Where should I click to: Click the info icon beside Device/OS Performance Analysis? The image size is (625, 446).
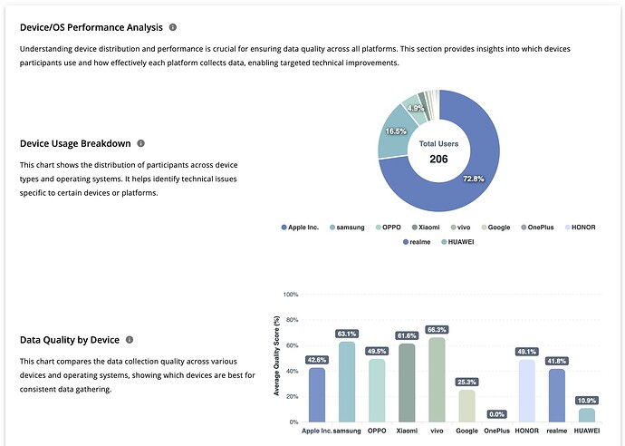coord(173,28)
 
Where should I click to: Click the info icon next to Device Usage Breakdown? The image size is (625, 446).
coord(140,143)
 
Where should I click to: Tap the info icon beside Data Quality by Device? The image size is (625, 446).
coord(130,340)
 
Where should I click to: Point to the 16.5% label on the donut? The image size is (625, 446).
coord(395,131)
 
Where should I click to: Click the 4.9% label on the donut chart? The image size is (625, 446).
coord(415,108)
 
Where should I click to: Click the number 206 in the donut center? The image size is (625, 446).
coord(438,159)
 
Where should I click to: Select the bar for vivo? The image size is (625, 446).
coord(436,380)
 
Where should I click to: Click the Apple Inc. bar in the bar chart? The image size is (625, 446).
coord(317,394)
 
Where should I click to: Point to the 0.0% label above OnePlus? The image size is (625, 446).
coord(496,413)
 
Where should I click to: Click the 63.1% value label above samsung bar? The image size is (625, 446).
coord(347,334)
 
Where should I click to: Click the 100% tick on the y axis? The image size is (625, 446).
coord(291,295)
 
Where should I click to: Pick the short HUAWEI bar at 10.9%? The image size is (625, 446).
coord(586,414)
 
